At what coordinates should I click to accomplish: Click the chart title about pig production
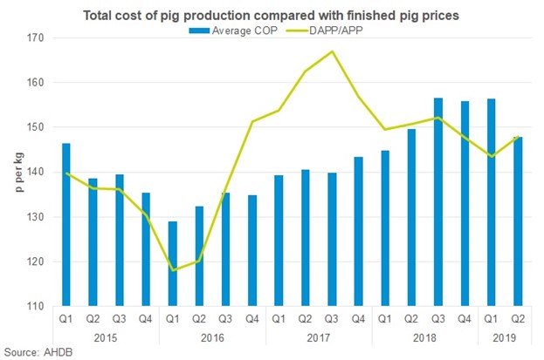272,15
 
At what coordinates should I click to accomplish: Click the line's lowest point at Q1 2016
173,270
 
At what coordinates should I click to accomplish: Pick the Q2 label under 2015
93,319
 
